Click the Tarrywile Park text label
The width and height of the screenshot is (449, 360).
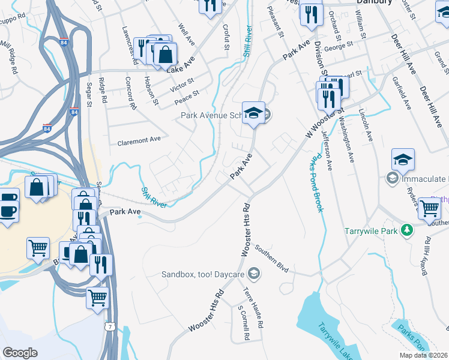372,230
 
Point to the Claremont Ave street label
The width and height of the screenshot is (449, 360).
139,139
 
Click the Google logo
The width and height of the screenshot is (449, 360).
20,353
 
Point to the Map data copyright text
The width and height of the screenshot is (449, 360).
424,355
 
